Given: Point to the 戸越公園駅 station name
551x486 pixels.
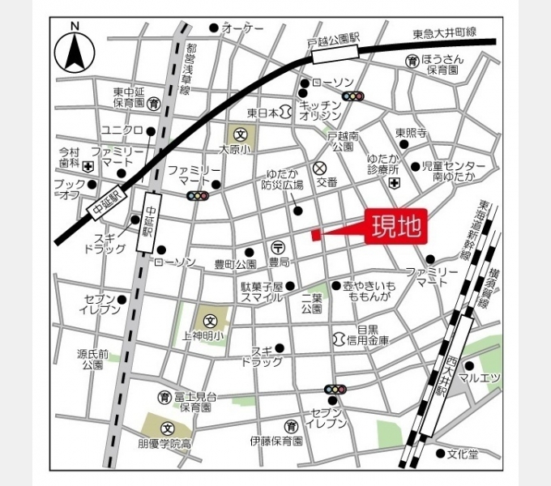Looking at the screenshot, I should pyautogui.click(x=333, y=39).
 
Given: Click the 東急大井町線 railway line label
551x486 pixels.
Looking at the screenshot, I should pyautogui.click(x=443, y=34).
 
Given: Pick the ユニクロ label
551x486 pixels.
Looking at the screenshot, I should pyautogui.click(x=122, y=130).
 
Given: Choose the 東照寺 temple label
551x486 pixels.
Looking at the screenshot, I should pyautogui.click(x=411, y=132).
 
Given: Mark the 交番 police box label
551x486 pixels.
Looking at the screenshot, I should pyautogui.click(x=327, y=183).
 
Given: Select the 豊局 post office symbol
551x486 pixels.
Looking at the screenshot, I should pyautogui.click(x=277, y=248).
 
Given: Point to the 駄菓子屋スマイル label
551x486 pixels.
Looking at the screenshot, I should pyautogui.click(x=261, y=292).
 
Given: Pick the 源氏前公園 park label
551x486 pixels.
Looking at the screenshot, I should pyautogui.click(x=93, y=360).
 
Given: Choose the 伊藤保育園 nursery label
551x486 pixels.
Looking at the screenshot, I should pyautogui.click(x=275, y=441).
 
